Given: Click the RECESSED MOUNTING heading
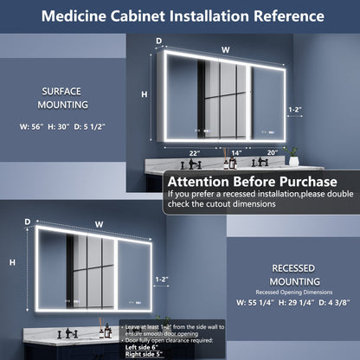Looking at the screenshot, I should (x=292, y=275).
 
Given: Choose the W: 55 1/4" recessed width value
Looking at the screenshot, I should (x=256, y=304).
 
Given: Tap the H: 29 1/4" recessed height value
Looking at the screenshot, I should (x=296, y=304).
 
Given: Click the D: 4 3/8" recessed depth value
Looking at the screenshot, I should (x=333, y=304).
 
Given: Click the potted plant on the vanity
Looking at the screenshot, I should (x=293, y=157).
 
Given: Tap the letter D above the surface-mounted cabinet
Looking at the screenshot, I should (x=158, y=41).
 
